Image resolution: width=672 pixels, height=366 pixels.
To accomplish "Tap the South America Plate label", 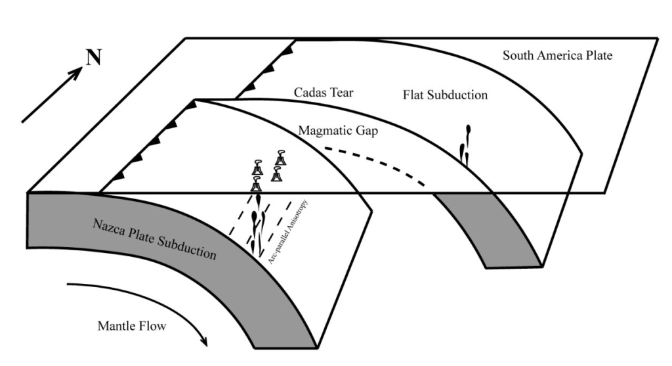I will tap(557, 55).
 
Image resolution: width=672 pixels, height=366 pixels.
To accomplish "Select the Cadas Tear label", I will tap(324, 93).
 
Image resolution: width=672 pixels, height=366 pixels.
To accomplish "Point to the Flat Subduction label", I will tap(445, 95).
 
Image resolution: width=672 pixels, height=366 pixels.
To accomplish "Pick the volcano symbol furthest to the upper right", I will tap(282, 158).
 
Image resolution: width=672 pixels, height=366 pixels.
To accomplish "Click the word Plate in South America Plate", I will tap(597, 55).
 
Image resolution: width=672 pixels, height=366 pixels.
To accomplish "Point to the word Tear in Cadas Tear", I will tap(342, 93).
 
